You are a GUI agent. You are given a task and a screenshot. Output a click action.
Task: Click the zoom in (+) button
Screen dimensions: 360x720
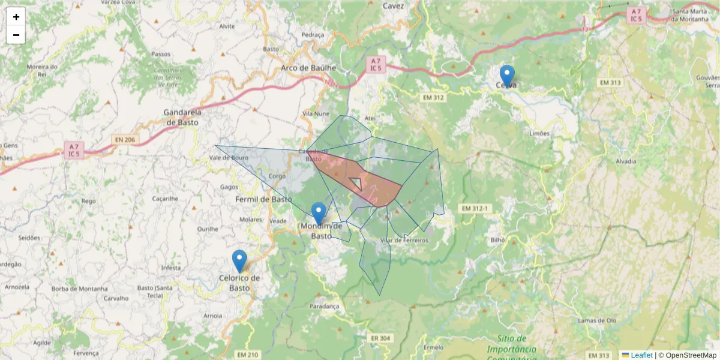tap(16, 17)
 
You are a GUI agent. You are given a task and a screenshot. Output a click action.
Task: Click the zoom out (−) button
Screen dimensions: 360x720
tap(16, 35)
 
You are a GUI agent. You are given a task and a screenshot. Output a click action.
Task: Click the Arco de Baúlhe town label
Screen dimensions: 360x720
tap(308, 68)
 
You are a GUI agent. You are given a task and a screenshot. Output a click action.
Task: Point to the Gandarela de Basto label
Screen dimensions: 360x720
tap(183, 117)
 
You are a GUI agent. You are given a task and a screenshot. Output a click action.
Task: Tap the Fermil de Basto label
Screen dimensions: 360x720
tap(263, 199)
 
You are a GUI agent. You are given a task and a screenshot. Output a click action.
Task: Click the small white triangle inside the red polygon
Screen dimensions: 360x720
tap(356, 182)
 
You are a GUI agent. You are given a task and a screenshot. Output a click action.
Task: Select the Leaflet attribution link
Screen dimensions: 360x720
tap(641, 355)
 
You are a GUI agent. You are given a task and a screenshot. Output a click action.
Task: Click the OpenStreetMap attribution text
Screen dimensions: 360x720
tap(688, 355)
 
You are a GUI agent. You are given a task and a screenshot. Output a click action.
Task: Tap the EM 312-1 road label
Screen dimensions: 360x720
tap(476, 208)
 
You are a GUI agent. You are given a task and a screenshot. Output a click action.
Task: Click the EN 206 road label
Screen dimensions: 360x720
tap(124, 140)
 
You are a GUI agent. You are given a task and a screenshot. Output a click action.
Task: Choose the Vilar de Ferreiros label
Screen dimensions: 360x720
tap(404, 241)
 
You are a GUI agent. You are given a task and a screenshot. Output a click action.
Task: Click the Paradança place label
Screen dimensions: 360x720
tap(325, 306)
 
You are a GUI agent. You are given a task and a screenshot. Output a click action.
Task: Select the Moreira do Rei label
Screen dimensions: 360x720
tap(42, 70)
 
